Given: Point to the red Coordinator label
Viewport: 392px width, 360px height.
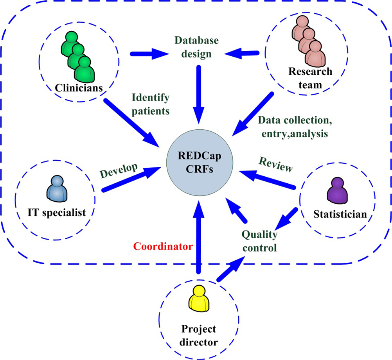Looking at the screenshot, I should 163,247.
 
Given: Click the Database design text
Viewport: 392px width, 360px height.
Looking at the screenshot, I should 196,46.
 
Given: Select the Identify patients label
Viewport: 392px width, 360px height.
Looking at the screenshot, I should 151,104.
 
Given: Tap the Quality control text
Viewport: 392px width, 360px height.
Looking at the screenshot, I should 259,241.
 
